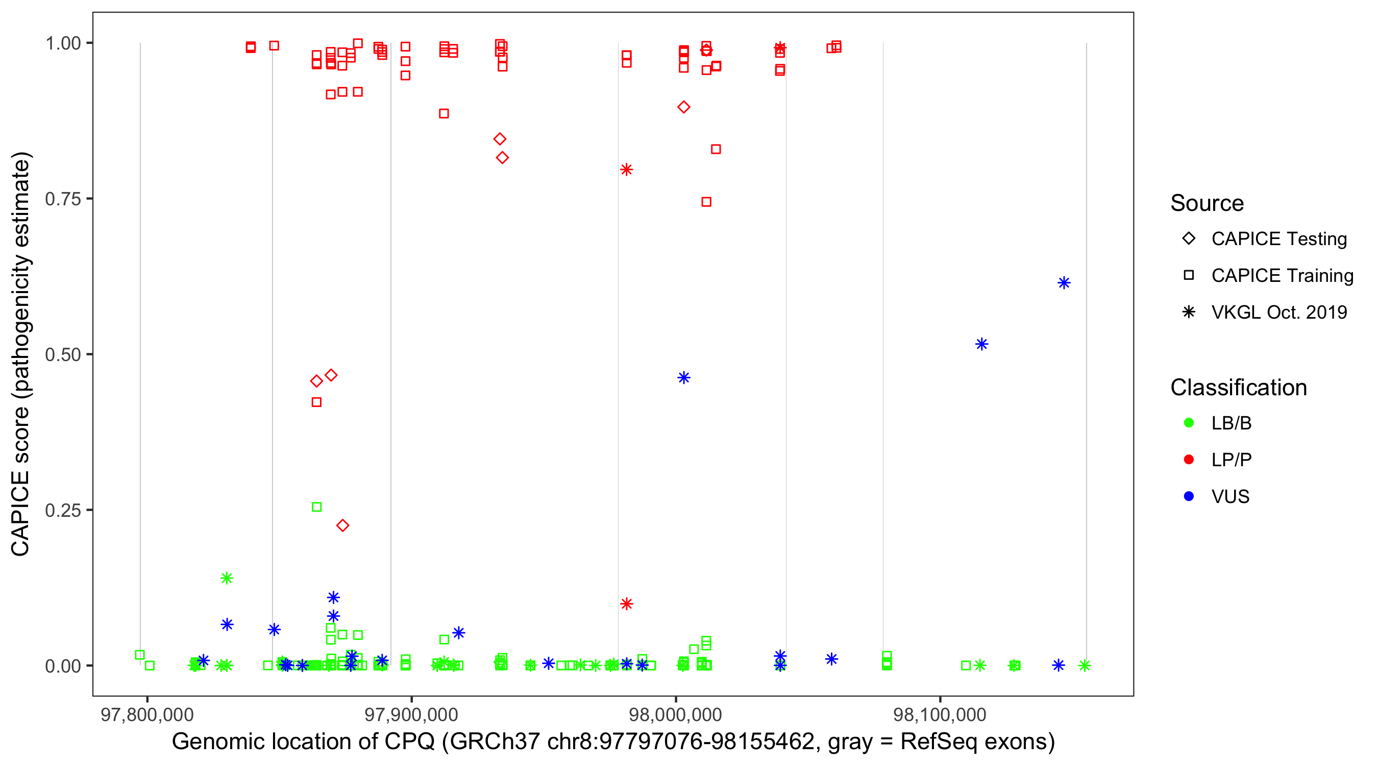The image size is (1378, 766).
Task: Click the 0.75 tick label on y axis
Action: [62, 199]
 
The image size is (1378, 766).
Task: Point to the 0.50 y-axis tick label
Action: [62, 354]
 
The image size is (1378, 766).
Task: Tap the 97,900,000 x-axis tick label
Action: [411, 714]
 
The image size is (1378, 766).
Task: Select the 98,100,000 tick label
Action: [940, 714]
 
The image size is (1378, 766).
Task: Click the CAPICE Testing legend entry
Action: [1278, 239]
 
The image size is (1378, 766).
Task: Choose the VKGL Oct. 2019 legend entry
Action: [1278, 312]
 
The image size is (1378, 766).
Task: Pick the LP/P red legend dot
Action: [1189, 460]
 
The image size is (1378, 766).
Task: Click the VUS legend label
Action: [1230, 497]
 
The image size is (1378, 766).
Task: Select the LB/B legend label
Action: [1231, 423]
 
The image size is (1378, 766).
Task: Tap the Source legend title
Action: [1207, 203]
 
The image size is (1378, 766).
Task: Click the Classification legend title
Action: [1238, 388]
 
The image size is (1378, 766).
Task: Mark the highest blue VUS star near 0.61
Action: [1064, 282]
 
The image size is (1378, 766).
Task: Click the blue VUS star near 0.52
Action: [981, 344]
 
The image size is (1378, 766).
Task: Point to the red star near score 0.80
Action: [626, 170]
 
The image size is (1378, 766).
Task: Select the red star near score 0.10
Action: [626, 604]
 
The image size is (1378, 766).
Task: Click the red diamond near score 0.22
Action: [342, 525]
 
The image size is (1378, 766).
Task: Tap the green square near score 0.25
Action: [316, 507]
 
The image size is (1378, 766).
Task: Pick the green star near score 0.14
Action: [227, 578]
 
